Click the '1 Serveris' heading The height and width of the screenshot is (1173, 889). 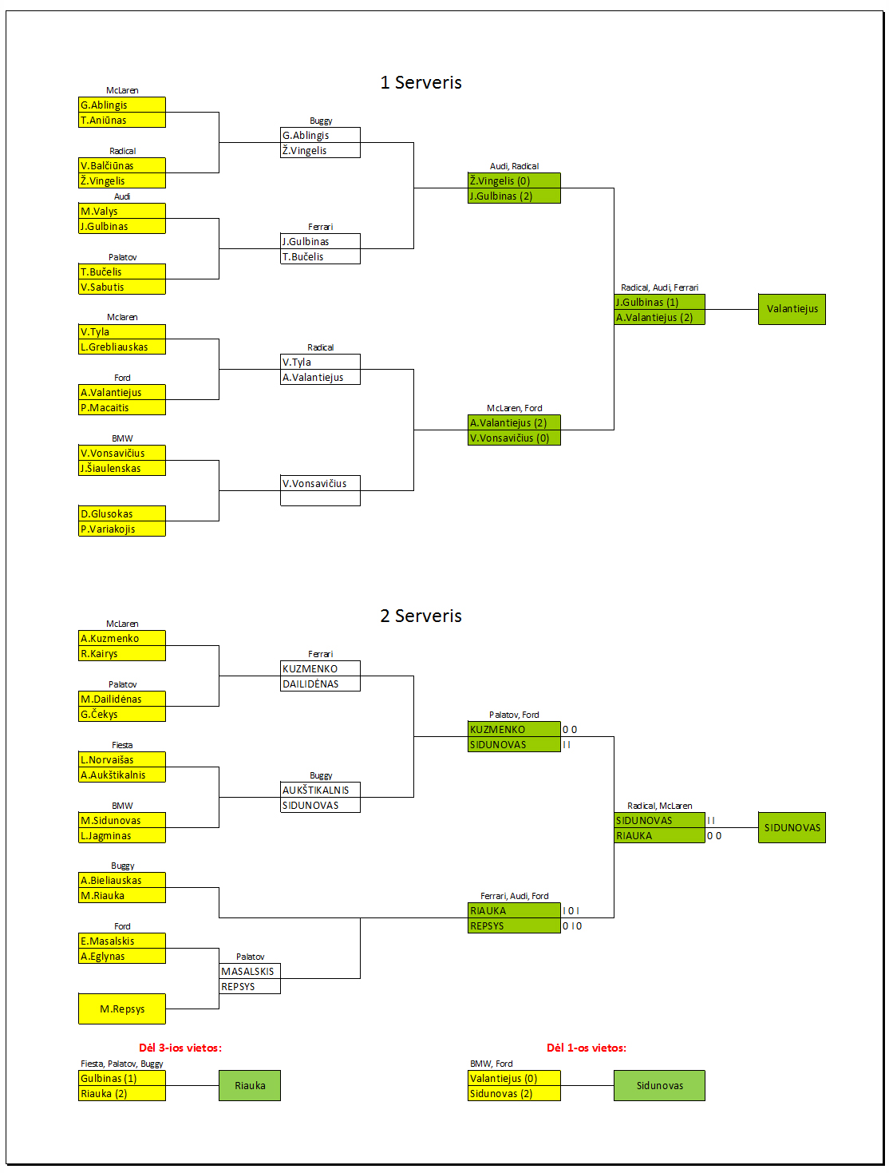click(x=421, y=82)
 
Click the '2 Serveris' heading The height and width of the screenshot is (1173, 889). click(x=421, y=616)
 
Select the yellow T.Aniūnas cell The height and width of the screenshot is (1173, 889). click(x=122, y=120)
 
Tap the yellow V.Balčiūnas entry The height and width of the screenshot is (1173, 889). click(x=122, y=165)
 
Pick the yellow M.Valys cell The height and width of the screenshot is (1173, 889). click(x=122, y=211)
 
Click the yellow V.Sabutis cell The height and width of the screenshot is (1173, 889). click(x=122, y=287)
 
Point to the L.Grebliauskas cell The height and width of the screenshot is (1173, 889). click(x=122, y=347)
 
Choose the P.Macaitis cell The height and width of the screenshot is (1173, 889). click(x=122, y=407)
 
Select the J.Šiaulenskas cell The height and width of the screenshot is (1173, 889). click(x=122, y=468)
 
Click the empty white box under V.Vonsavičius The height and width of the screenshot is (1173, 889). click(x=320, y=498)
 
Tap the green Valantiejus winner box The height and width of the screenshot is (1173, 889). click(x=792, y=309)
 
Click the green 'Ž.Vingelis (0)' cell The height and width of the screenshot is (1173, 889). click(x=514, y=180)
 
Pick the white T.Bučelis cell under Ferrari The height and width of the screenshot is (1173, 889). click(x=320, y=256)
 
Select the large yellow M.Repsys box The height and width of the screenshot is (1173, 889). click(x=122, y=1009)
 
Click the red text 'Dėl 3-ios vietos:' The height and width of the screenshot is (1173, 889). click(x=180, y=1048)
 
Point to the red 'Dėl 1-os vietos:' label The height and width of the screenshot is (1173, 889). click(x=586, y=1048)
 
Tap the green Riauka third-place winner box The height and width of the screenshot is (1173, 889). click(x=249, y=1085)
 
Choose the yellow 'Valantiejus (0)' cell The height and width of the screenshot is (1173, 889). click(x=514, y=1078)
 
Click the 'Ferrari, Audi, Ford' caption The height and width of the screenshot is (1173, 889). click(x=514, y=896)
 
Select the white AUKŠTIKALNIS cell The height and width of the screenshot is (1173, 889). click(x=320, y=789)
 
